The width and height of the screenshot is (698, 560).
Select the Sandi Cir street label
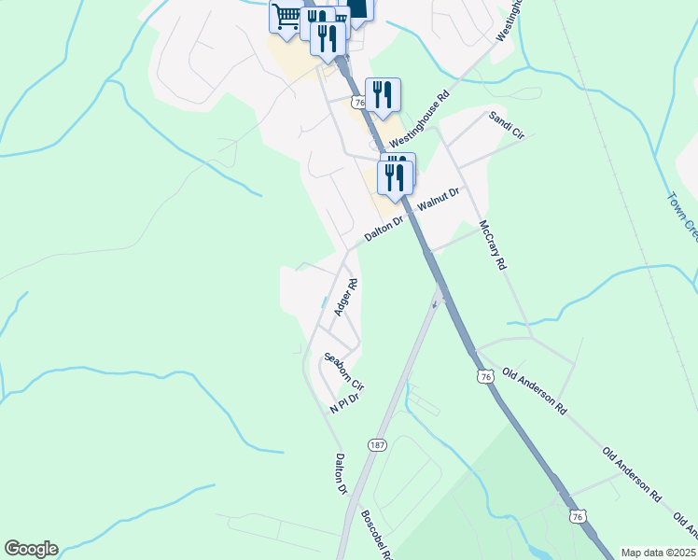click(x=507, y=125)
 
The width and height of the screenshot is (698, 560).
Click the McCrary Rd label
click(x=492, y=245)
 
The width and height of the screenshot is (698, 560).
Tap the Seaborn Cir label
click(x=343, y=371)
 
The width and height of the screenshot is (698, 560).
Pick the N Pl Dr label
click(x=344, y=403)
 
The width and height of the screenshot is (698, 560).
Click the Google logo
click(x=31, y=549)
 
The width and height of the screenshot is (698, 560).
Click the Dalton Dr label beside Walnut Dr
click(x=383, y=230)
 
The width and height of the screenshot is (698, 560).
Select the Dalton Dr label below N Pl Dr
click(x=341, y=473)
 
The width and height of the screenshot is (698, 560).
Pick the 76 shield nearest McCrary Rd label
click(x=483, y=376)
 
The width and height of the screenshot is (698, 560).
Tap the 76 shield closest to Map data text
click(x=578, y=516)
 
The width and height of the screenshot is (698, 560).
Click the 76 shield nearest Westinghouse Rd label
click(x=359, y=101)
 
